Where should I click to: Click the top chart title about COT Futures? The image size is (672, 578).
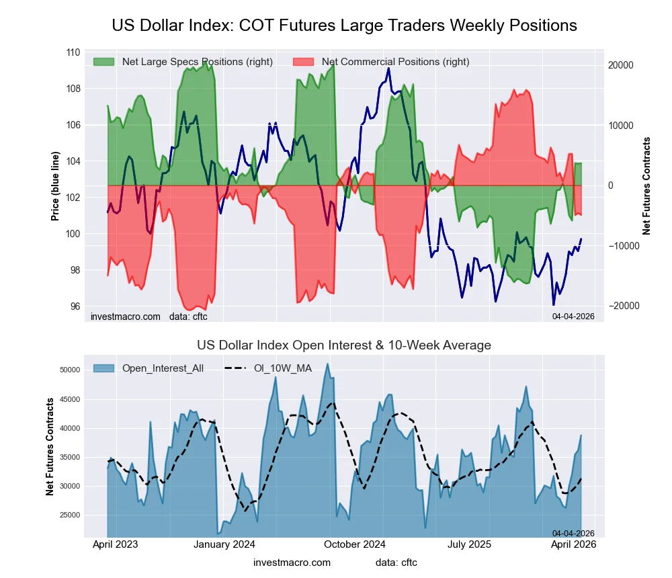point(344,26)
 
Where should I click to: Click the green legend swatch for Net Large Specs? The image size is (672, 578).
point(104,62)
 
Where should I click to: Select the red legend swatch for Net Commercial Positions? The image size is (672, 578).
point(304,62)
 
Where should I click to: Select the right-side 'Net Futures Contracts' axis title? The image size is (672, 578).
point(647,185)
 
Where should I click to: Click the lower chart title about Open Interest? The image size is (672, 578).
point(344,345)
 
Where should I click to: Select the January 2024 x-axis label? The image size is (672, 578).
point(224,544)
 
